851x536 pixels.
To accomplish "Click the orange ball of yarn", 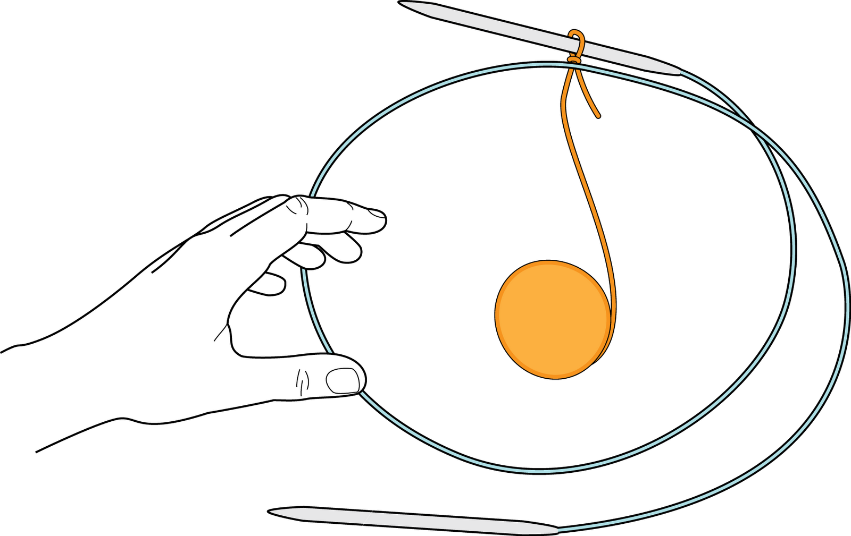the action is click(x=552, y=319).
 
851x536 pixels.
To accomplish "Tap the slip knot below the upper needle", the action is click(x=573, y=59).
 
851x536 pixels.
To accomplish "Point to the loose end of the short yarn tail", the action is click(x=599, y=116).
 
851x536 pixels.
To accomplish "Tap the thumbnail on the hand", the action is click(x=343, y=380).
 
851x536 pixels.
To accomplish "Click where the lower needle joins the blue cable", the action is click(x=557, y=529).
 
